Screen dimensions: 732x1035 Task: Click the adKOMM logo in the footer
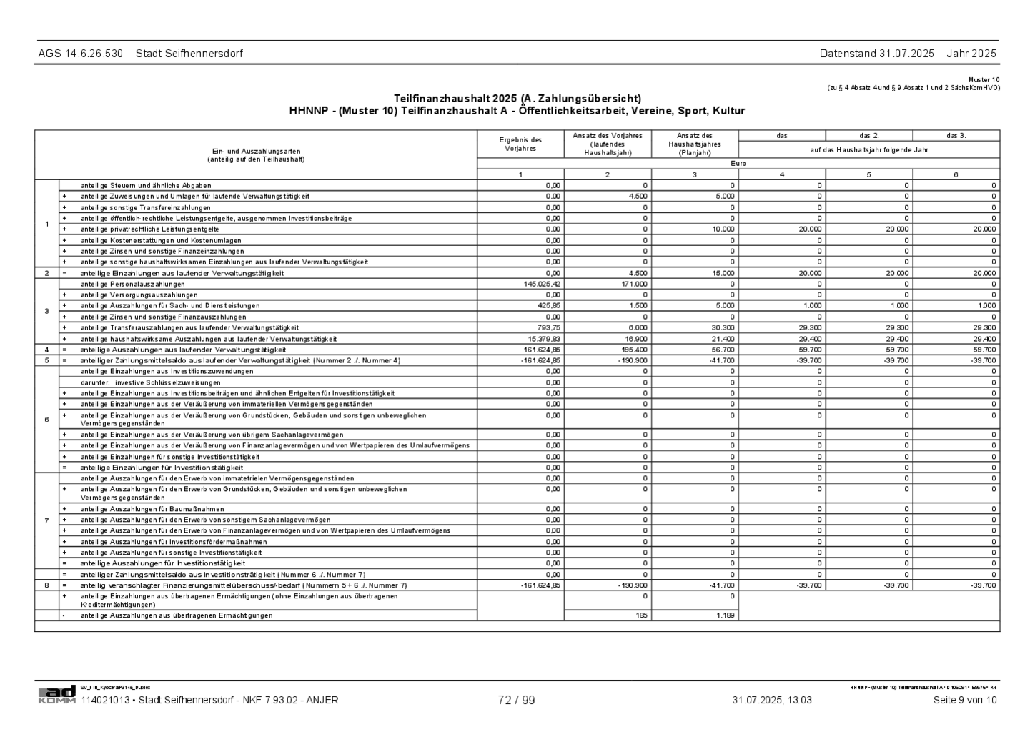[56, 694]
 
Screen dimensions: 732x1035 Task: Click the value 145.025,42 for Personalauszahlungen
[543, 284]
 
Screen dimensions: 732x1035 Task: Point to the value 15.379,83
[544, 339]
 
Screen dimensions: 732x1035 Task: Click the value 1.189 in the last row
[726, 615]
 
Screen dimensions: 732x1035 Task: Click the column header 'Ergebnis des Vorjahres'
[520, 144]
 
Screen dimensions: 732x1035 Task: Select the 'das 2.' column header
[869, 136]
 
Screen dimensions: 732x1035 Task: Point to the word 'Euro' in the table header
[738, 164]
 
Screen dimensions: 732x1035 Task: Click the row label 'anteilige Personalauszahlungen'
[133, 284]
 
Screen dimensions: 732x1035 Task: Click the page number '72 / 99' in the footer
[516, 701]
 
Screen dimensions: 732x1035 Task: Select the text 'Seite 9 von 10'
[964, 701]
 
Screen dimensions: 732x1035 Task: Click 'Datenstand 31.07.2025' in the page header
[876, 54]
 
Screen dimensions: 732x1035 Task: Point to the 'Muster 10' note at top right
[984, 80]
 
